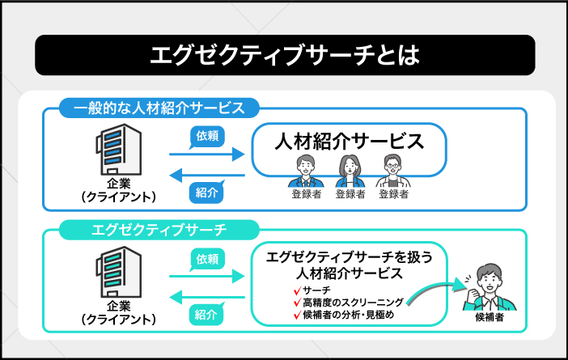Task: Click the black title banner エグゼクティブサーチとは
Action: coord(284,55)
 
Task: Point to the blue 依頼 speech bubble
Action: coord(206,135)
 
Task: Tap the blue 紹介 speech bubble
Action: coord(206,192)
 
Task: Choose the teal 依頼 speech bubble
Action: coord(206,259)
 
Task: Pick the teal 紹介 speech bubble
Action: coord(206,315)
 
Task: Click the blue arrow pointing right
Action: coord(206,154)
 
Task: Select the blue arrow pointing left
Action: coord(206,173)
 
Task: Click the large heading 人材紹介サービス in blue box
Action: coord(349,141)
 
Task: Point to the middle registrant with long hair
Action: coord(349,171)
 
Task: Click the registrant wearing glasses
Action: coord(392,171)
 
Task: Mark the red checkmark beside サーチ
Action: coord(298,290)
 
